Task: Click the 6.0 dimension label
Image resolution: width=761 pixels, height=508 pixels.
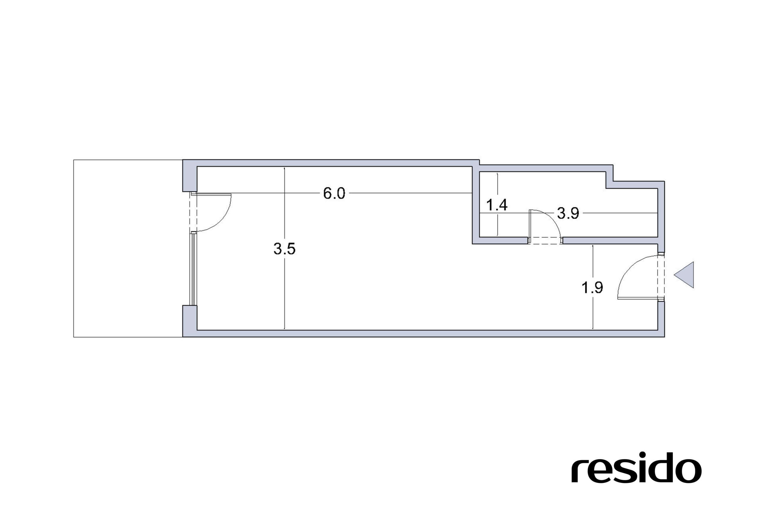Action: coord(334,193)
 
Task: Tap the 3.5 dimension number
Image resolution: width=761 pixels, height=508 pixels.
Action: coord(284,249)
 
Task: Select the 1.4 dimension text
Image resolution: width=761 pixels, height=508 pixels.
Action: coord(497,205)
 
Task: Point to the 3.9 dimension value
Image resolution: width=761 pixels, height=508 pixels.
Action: coord(568,213)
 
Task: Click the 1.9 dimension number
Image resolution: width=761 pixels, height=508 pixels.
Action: coord(592,287)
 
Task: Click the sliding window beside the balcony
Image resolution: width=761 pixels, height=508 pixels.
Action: coord(194,269)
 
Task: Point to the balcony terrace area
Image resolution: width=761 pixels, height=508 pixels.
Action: coord(128,248)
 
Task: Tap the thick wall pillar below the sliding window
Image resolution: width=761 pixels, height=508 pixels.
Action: coord(190,321)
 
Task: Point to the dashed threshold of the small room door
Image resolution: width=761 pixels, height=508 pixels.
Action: coord(545,240)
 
